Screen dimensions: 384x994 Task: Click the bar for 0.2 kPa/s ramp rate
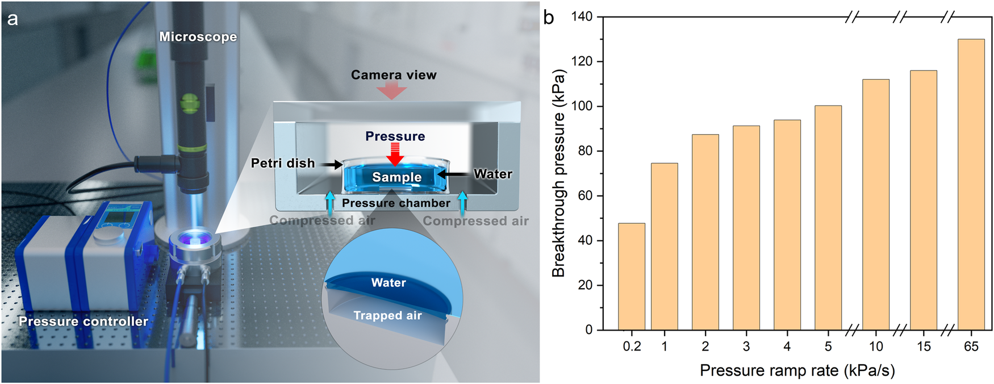click(631, 277)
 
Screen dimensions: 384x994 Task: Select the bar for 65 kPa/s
click(971, 185)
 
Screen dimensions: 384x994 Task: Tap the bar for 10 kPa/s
click(875, 204)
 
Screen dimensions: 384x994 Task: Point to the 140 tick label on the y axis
click(582, 17)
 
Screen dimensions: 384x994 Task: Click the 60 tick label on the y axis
click(585, 195)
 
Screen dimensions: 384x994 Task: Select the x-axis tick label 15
click(924, 347)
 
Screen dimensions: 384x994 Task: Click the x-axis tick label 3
click(746, 347)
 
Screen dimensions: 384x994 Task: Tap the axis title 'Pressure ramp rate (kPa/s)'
click(797, 370)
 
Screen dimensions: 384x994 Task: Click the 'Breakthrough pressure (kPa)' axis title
click(559, 173)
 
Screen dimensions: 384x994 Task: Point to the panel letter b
click(549, 18)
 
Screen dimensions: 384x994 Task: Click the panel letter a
click(12, 19)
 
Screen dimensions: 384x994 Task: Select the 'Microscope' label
click(198, 37)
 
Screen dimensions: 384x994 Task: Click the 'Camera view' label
click(394, 75)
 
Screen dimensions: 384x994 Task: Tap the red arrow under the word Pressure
click(395, 153)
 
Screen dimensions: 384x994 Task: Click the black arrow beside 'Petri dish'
click(330, 164)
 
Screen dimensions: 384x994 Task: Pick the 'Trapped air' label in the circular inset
click(387, 316)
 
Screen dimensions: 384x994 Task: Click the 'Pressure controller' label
click(83, 322)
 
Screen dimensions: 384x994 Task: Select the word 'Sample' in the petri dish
click(396, 177)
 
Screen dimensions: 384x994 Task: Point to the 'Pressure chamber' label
click(396, 203)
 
